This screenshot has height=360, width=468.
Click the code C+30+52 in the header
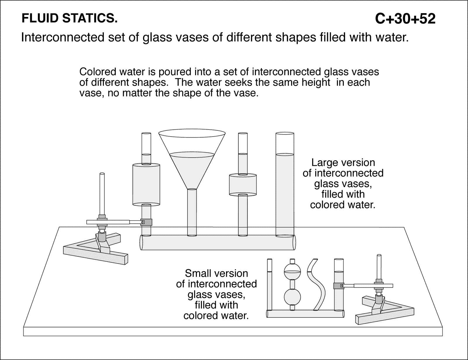click(405, 19)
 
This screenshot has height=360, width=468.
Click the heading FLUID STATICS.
click(70, 19)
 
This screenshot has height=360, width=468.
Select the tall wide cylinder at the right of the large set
click(285, 190)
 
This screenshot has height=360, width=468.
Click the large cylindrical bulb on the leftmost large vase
click(146, 184)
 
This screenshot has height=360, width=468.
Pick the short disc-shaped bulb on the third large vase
click(242, 185)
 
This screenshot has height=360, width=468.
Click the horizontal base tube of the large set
click(218, 242)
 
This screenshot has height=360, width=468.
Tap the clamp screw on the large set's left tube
click(142, 222)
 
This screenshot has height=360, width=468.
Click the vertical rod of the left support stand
click(102, 193)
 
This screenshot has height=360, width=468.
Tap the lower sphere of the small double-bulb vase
click(292, 297)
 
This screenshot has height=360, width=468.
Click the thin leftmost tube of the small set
click(269, 287)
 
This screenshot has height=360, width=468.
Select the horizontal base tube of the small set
click(304, 314)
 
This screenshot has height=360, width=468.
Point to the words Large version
click(343, 163)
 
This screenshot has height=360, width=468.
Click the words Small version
click(216, 273)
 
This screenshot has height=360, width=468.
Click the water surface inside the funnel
click(192, 154)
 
